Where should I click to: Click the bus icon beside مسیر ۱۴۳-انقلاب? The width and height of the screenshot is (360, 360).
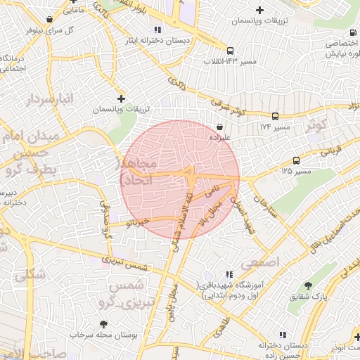point(230,51)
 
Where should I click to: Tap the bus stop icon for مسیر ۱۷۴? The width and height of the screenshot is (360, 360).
point(275,116)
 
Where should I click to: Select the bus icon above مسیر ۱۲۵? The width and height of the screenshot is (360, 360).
point(296,160)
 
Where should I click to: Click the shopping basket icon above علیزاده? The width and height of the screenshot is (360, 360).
point(221,127)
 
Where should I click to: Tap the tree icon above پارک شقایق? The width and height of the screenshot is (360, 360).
point(309,285)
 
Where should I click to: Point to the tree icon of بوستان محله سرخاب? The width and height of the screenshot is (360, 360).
point(104,324)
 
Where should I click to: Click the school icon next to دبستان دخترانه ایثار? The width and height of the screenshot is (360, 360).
point(158,30)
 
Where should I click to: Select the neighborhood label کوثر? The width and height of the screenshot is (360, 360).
point(318,125)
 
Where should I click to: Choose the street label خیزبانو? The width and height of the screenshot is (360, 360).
point(137,221)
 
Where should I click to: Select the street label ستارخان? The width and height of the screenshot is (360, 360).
point(261,205)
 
